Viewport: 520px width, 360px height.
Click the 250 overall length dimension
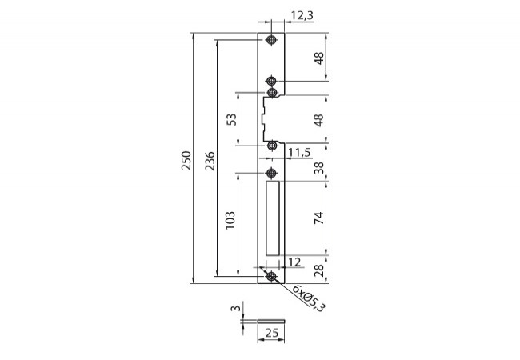point(186,161)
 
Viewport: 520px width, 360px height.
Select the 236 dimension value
point(210,161)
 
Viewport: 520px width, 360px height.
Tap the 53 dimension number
point(231,119)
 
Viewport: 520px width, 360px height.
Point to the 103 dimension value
point(230,220)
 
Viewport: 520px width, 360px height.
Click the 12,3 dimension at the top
point(302,15)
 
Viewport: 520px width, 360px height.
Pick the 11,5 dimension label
point(299,153)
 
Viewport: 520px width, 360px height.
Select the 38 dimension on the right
point(319,168)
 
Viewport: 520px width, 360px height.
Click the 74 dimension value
point(319,218)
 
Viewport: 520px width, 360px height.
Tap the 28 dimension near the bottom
point(319,270)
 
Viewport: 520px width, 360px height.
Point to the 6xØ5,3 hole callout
point(309,298)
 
